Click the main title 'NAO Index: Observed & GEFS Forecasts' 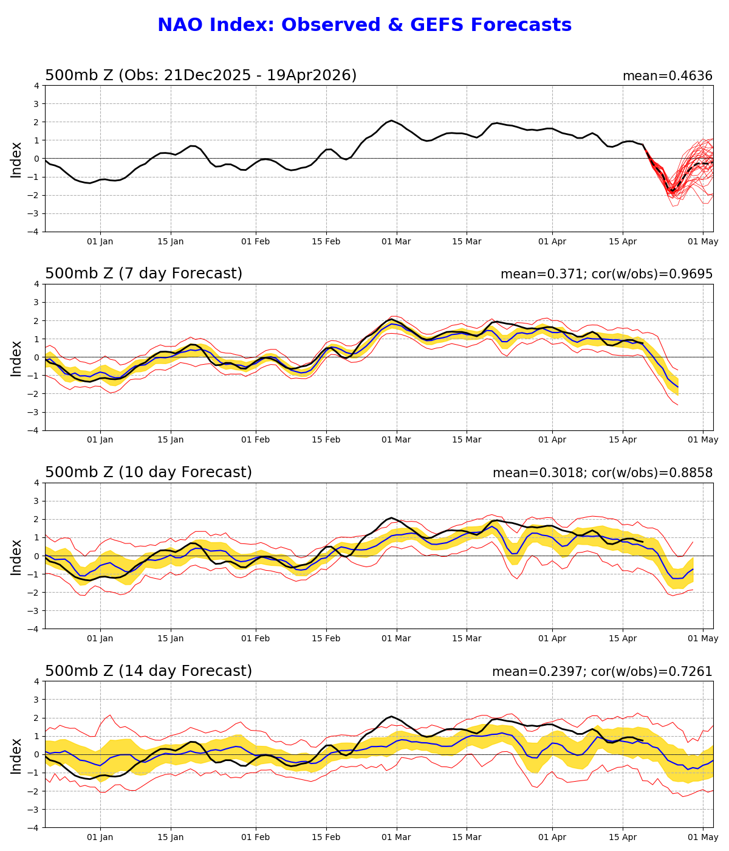(x=364, y=26)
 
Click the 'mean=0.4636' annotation (x=667, y=76)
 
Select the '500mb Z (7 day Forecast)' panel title (x=143, y=274)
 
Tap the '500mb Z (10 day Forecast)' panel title (x=148, y=472)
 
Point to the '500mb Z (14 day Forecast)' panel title (x=148, y=671)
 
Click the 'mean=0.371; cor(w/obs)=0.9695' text (x=606, y=274)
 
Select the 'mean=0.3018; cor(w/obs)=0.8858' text (x=602, y=473)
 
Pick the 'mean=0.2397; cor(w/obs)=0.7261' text (x=602, y=672)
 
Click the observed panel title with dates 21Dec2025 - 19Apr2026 (x=200, y=75)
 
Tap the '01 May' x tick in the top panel (x=703, y=241)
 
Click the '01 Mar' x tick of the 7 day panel (x=396, y=440)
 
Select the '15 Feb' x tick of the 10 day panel (x=326, y=638)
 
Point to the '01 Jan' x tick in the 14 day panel (x=100, y=837)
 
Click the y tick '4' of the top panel (x=36, y=86)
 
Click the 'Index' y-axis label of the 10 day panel (x=16, y=556)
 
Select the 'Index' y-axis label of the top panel (x=16, y=159)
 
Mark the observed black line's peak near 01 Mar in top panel (x=391, y=120)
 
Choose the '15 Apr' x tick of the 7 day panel (x=623, y=440)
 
